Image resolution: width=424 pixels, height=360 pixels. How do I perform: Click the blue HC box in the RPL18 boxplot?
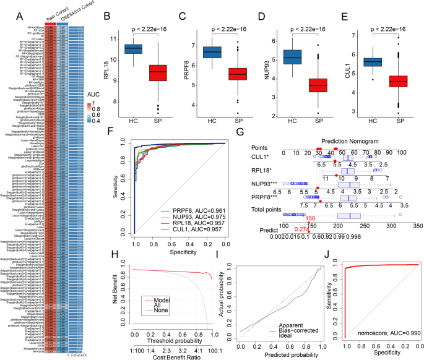coord(134,49)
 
